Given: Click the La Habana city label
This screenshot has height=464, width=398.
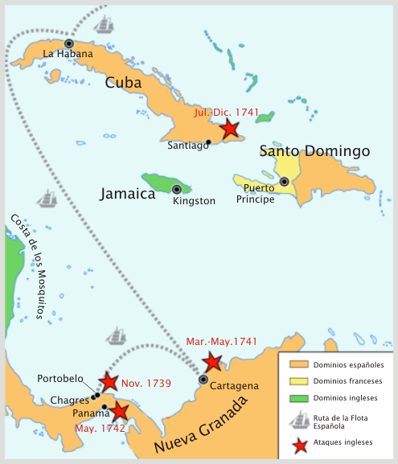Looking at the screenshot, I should coord(68,54).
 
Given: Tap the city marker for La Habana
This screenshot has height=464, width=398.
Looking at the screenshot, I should coord(69,43).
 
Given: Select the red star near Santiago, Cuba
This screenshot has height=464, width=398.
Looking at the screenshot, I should coord(230,129).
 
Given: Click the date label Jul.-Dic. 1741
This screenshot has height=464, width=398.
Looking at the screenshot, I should coord(226,113).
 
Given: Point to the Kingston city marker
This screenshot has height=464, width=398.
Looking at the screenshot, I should coord(177,189).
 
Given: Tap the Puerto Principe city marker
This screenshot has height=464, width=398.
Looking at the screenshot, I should coord(284,182).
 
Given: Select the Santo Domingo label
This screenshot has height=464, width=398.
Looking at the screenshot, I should coord(314,151).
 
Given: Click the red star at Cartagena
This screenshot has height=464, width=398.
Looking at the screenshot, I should coord(212,362).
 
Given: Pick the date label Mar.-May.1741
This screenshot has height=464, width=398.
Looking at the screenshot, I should coord(221,342).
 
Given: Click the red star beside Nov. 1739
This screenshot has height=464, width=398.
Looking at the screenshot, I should coord(109,382).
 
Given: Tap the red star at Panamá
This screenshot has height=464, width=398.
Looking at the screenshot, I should coord(119,412).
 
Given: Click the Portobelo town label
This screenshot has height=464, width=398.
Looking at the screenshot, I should coord(60,379).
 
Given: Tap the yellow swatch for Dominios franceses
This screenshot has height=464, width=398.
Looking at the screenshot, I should coord(297,381).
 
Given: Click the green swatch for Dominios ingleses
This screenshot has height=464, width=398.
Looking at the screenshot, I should coord(297,397).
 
